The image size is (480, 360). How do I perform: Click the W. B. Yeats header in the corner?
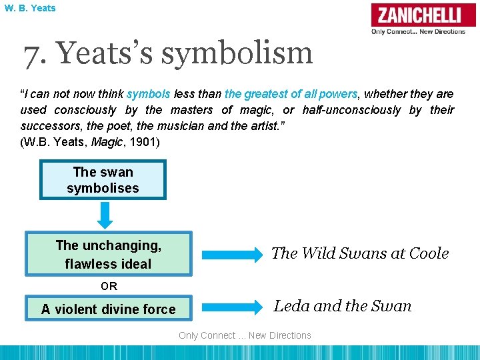click(x=29, y=8)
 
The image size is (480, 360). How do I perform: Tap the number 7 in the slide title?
click(x=31, y=53)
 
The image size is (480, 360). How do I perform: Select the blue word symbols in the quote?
click(x=148, y=94)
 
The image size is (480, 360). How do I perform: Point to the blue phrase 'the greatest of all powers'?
click(x=291, y=94)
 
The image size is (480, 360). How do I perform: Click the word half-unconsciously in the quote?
click(x=351, y=110)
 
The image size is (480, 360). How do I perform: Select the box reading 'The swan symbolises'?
click(x=103, y=180)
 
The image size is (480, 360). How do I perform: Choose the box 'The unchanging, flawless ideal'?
click(x=109, y=254)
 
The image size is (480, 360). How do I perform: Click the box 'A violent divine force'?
click(x=109, y=309)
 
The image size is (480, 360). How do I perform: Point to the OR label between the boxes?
click(x=109, y=287)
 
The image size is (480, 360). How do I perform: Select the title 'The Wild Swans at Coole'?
click(x=360, y=253)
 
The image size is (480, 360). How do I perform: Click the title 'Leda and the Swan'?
click(x=343, y=306)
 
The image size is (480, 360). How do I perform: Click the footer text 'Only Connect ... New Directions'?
click(x=245, y=335)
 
